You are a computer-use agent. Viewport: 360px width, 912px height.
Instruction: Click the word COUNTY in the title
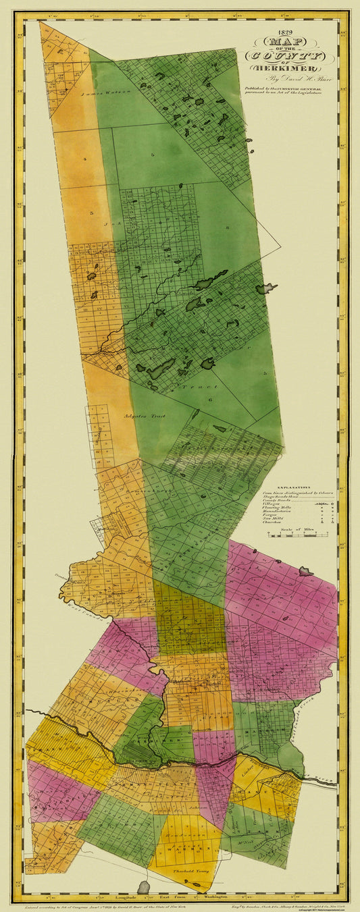pyautogui.click(x=291, y=56)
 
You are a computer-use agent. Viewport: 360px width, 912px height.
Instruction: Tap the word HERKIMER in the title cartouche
pyautogui.click(x=291, y=68)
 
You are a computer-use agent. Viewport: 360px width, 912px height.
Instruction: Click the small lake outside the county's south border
pyautogui.click(x=143, y=887)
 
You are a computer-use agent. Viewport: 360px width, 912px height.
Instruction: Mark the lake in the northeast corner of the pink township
pyautogui.click(x=305, y=572)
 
